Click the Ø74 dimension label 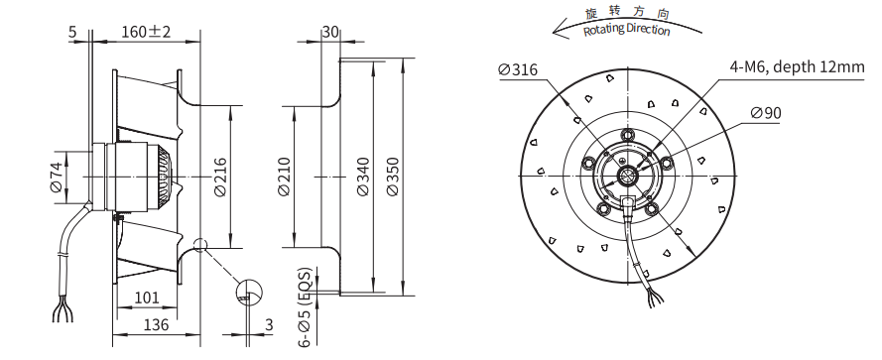point(57,178)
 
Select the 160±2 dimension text point(146,32)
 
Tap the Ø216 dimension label point(220,178)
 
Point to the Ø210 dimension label point(284,178)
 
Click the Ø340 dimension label point(363,178)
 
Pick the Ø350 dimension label point(393,178)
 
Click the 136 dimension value point(156,324)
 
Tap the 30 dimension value point(330,32)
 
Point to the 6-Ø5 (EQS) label point(305,307)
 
